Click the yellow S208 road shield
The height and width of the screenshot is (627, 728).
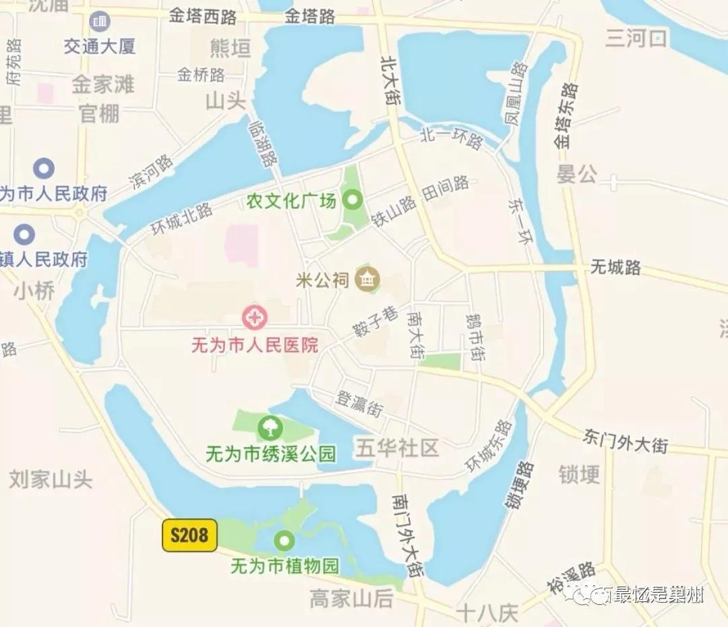pyautogui.click(x=189, y=535)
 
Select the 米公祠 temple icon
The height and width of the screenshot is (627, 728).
pyautogui.click(x=368, y=278)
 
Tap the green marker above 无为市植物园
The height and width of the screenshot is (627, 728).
pyautogui.click(x=284, y=540)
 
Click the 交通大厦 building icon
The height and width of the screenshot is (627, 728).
pyautogui.click(x=100, y=22)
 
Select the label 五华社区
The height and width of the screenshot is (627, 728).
pyautogui.click(x=398, y=448)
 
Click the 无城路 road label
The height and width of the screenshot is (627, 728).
pyautogui.click(x=615, y=267)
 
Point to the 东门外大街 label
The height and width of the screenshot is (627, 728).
pyautogui.click(x=626, y=440)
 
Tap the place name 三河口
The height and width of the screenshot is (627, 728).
pyautogui.click(x=636, y=38)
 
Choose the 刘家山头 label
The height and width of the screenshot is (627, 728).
pyautogui.click(x=51, y=479)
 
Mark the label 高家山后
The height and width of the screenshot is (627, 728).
pyautogui.click(x=351, y=597)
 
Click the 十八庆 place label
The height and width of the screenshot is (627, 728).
pyautogui.click(x=487, y=613)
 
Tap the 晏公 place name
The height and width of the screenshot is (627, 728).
pyautogui.click(x=576, y=175)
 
